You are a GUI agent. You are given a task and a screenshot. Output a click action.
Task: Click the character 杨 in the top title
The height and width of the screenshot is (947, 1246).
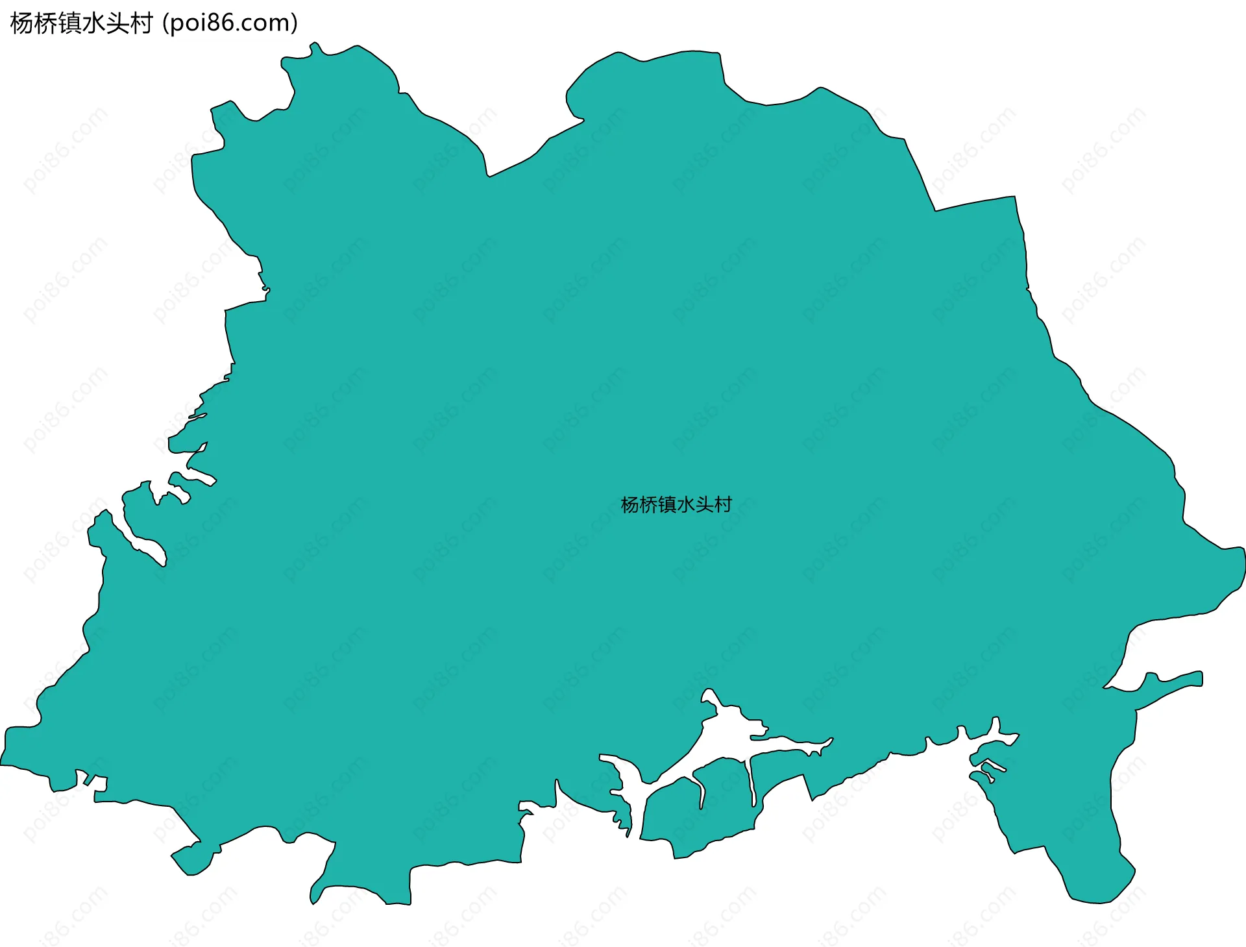pos(22,23)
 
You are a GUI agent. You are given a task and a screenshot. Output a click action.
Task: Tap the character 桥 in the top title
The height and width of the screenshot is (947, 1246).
pos(45,23)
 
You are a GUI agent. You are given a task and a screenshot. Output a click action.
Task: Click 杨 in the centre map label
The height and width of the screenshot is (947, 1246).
pos(630,504)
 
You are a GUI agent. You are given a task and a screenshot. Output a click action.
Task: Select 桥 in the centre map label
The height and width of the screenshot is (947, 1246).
pos(649,504)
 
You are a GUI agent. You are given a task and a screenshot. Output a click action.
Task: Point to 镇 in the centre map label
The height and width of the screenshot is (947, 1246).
pos(667,504)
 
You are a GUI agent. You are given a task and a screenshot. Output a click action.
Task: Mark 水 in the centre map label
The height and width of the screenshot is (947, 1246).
pos(686,504)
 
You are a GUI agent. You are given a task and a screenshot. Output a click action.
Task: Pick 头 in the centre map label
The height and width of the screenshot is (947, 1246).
pos(704,504)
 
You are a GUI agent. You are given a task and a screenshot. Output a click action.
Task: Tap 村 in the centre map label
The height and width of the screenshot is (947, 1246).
pos(723,504)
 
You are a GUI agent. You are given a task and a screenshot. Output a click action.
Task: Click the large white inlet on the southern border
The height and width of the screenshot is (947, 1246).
pos(727,733)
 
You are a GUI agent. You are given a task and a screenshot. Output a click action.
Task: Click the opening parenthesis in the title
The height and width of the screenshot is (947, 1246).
pos(166,23)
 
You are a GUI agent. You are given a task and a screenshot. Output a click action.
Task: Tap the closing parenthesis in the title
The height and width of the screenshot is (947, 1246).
pos(295,23)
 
